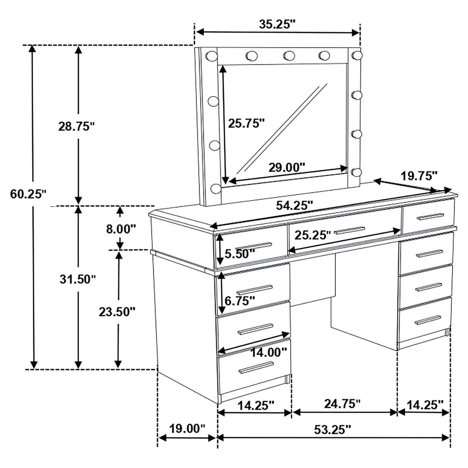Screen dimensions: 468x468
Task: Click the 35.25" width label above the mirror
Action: (277, 24)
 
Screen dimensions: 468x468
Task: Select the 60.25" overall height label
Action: (29, 194)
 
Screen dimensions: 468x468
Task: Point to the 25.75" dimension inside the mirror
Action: (246, 123)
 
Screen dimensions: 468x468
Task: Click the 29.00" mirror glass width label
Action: (287, 167)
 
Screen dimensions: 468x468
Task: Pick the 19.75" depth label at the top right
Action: (419, 176)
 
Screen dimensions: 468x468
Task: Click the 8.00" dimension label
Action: (120, 229)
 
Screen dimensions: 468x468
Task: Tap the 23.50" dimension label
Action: (117, 312)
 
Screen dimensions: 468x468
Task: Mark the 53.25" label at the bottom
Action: (333, 429)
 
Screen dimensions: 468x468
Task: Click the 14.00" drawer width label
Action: (269, 352)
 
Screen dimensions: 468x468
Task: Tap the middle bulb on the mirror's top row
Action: (289, 56)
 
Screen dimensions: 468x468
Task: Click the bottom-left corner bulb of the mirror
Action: (215, 188)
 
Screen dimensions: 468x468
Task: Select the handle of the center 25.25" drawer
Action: (349, 230)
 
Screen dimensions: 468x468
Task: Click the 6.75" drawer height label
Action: (240, 301)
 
